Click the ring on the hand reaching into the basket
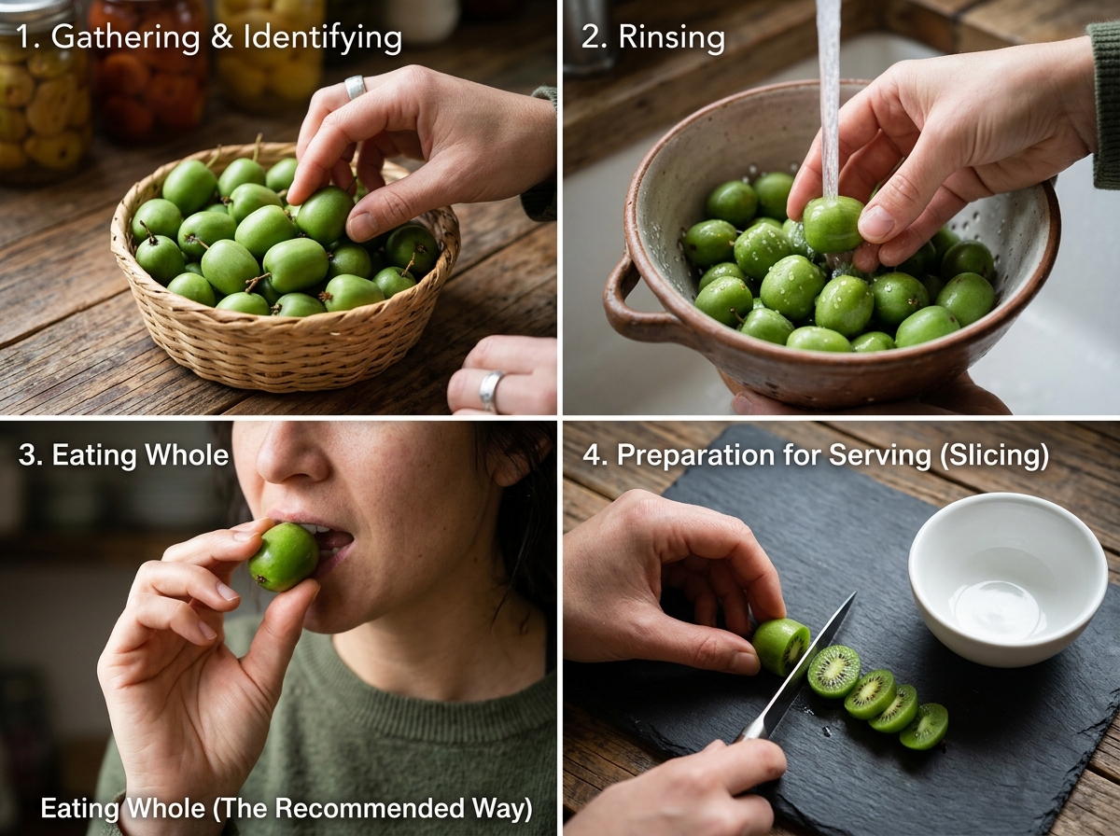pyautogui.click(x=356, y=87)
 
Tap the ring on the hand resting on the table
pyautogui.click(x=490, y=391)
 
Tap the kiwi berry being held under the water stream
pyautogui.click(x=833, y=225)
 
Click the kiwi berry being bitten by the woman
pyautogui.click(x=284, y=557)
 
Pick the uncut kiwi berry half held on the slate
pyautogui.click(x=780, y=647)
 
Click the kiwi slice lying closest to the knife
pyautogui.click(x=833, y=671)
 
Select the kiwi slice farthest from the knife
pyautogui.click(x=924, y=726)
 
